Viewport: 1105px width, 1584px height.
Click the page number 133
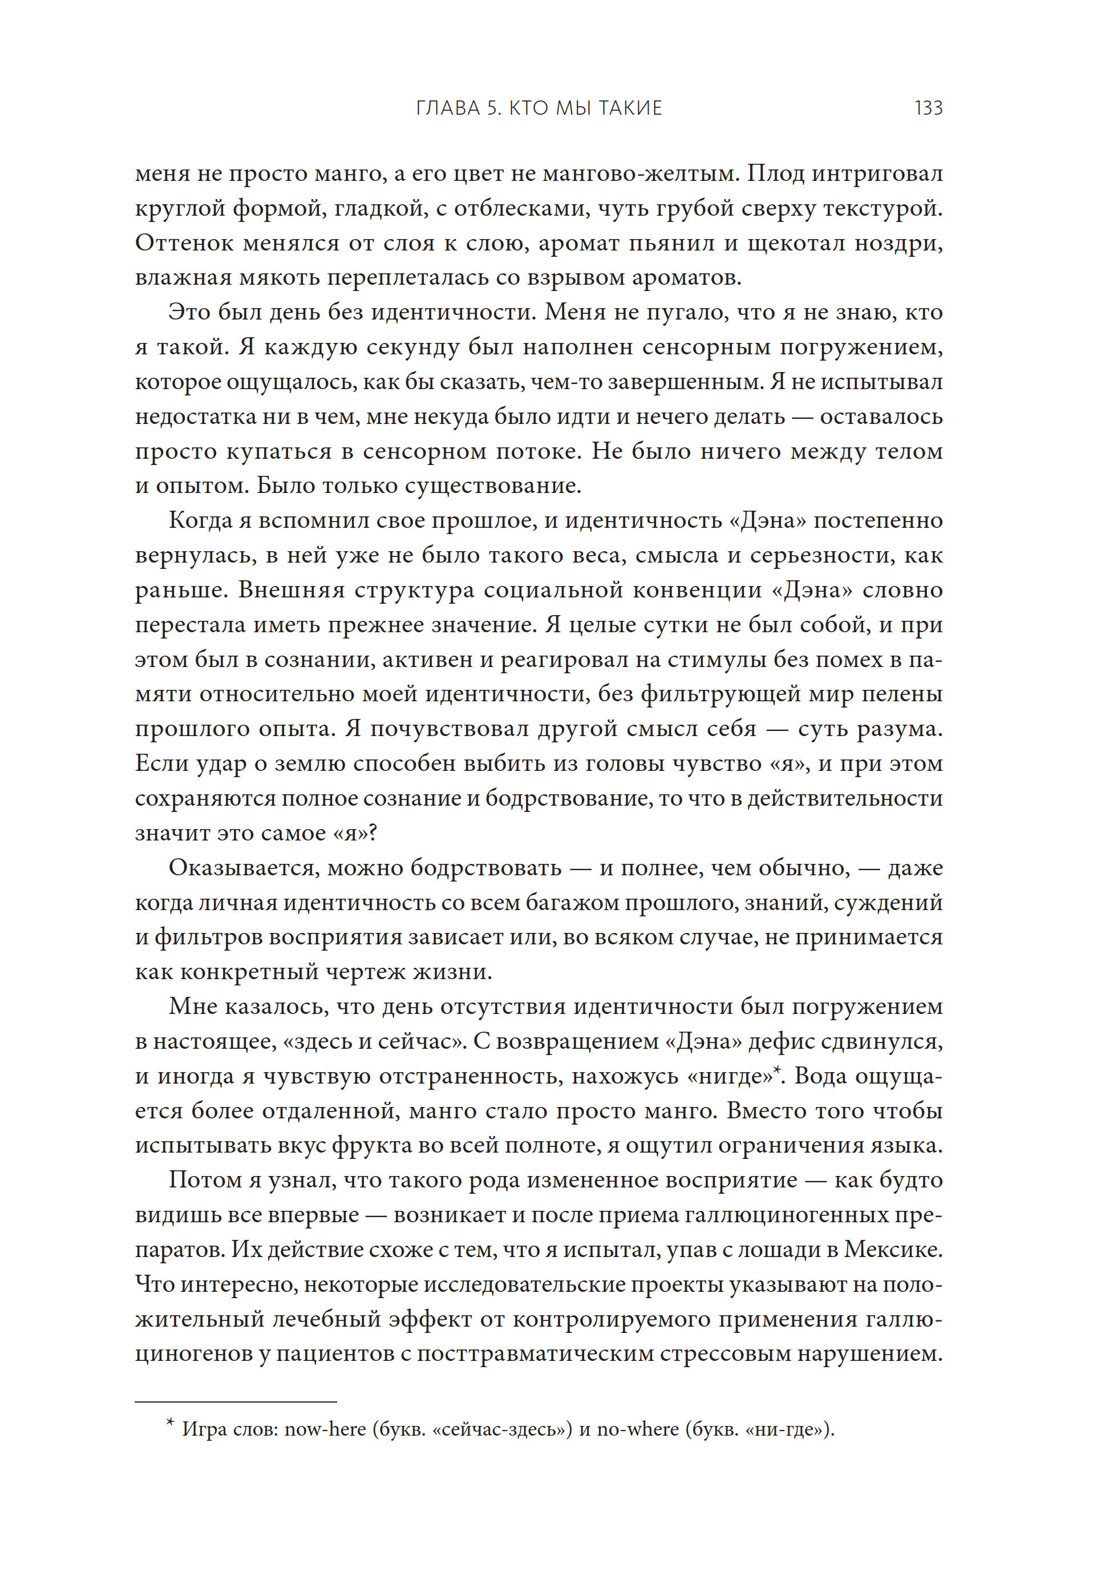coord(928,108)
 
